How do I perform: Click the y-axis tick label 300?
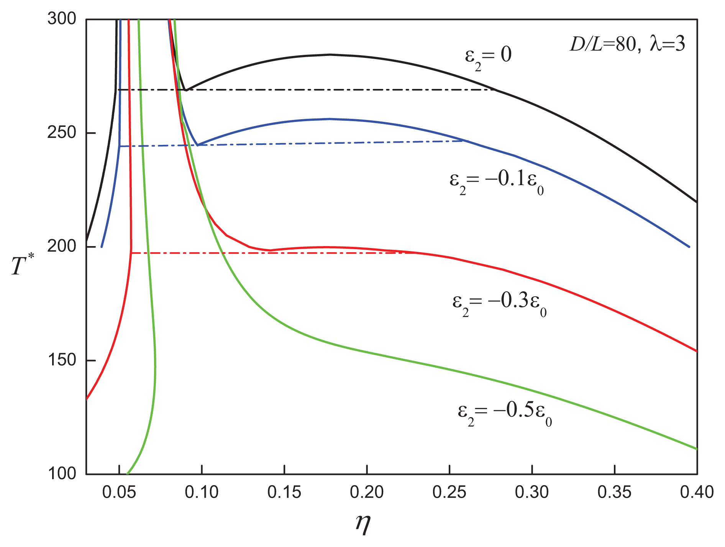(x=62, y=19)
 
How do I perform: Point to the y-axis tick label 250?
(x=62, y=133)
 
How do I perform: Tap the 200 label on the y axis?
(x=62, y=246)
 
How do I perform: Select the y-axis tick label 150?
(x=62, y=360)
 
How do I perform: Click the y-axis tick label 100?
(x=62, y=474)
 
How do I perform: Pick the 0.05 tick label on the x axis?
(x=119, y=493)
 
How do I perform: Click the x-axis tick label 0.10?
(x=202, y=493)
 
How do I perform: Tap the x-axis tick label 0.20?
(x=367, y=493)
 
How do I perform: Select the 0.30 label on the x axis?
(x=532, y=493)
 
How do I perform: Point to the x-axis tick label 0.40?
(x=697, y=493)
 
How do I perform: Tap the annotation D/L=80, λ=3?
(x=627, y=44)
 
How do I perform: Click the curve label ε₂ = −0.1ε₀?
(x=497, y=181)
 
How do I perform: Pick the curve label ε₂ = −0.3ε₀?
(x=499, y=303)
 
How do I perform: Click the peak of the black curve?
(x=330, y=54)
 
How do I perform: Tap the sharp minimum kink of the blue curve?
(x=197, y=145)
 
